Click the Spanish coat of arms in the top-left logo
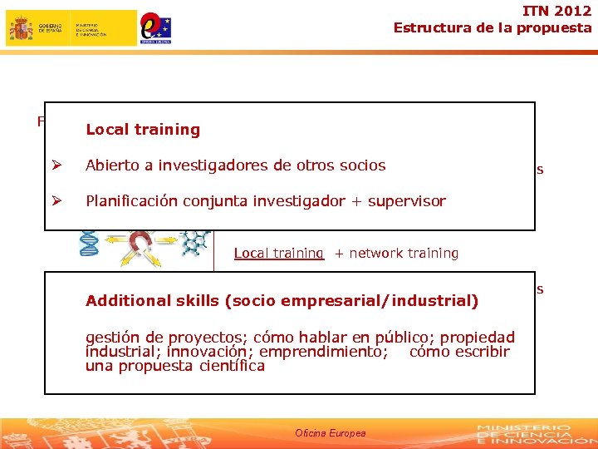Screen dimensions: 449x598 coord(21,28)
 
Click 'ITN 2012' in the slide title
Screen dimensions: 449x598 coord(557,11)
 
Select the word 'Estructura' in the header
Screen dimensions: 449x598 coord(429,27)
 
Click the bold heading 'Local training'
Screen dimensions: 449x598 coord(143,130)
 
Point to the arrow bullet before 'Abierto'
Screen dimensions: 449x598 coord(56,165)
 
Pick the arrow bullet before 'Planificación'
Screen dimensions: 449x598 coord(56,201)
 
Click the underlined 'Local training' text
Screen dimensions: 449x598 coord(278,253)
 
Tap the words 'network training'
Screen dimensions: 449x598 coord(404,253)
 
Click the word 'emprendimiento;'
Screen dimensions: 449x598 coord(324,352)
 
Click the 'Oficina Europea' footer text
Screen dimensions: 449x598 coord(330,433)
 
